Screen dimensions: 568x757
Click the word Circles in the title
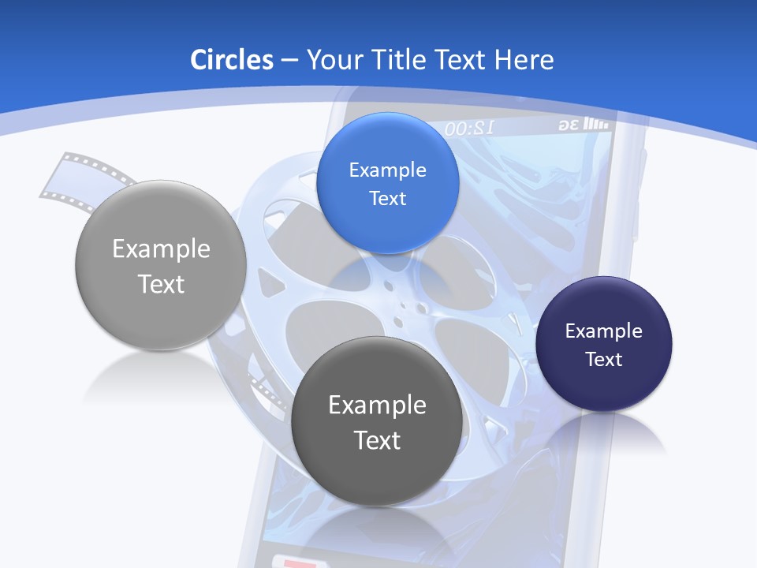click(x=232, y=60)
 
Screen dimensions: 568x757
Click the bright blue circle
click(x=387, y=183)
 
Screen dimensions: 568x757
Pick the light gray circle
click(x=161, y=266)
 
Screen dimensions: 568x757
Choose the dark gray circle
click(x=377, y=421)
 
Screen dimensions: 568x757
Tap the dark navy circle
click(x=604, y=344)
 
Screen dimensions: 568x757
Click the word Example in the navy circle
click(x=604, y=331)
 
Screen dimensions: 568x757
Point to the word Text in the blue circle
click(x=387, y=198)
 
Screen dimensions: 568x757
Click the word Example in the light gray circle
click(x=161, y=249)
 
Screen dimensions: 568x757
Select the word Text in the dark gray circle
click(x=377, y=440)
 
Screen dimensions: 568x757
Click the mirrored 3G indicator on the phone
click(x=569, y=125)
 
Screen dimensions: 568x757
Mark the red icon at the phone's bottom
click(x=296, y=562)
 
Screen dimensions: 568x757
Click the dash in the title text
click(x=289, y=61)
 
